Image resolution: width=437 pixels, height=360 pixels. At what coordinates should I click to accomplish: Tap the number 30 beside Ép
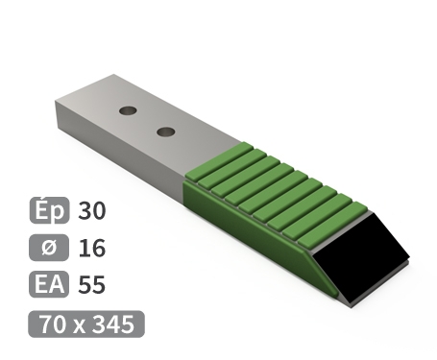[94, 211]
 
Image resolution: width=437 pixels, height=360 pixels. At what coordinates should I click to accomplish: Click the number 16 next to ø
[93, 249]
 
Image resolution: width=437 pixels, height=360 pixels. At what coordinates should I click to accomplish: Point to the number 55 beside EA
[93, 285]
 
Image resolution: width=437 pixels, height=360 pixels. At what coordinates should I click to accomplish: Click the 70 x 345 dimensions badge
[86, 324]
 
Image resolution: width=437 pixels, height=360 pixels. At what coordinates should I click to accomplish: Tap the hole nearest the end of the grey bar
[127, 110]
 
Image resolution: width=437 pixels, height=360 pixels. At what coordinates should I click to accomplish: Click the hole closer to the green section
[165, 130]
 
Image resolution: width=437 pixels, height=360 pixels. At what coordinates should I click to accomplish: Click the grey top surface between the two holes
[146, 120]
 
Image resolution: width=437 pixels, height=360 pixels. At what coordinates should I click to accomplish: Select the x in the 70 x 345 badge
[80, 324]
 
